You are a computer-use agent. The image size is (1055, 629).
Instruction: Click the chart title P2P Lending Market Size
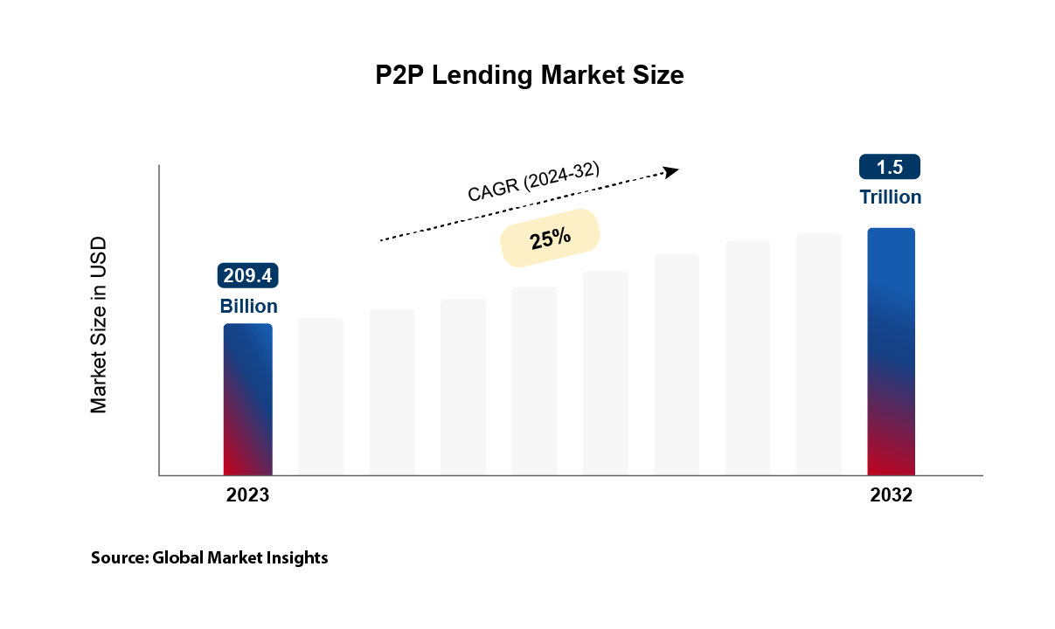[x=529, y=75]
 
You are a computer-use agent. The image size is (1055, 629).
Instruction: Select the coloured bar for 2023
[x=248, y=399]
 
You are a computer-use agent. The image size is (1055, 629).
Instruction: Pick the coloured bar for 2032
[x=891, y=351]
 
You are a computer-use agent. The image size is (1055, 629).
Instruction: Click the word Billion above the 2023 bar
[x=248, y=307]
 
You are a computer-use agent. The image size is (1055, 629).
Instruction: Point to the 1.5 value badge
[x=890, y=167]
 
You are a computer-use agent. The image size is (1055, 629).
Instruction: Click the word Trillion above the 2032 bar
[x=890, y=197]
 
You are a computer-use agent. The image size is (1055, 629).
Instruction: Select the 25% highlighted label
[x=549, y=237]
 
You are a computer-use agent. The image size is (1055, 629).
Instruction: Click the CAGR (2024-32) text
[x=534, y=183]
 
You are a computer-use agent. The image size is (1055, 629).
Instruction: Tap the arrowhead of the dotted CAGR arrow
[x=670, y=171]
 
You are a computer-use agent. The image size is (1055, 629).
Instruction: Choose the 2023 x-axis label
[x=248, y=495]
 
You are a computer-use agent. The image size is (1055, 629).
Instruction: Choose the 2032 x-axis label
[x=891, y=495]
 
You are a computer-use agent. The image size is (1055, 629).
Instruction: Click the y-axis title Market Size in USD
[x=99, y=324]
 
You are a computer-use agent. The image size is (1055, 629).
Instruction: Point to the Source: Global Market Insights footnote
[x=210, y=557]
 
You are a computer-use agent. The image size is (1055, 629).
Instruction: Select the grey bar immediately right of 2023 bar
[x=321, y=397]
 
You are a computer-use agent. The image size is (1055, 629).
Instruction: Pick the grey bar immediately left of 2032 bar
[x=819, y=354]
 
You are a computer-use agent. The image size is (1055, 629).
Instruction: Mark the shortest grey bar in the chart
[x=321, y=397]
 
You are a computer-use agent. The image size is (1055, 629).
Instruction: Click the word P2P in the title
[x=399, y=75]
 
